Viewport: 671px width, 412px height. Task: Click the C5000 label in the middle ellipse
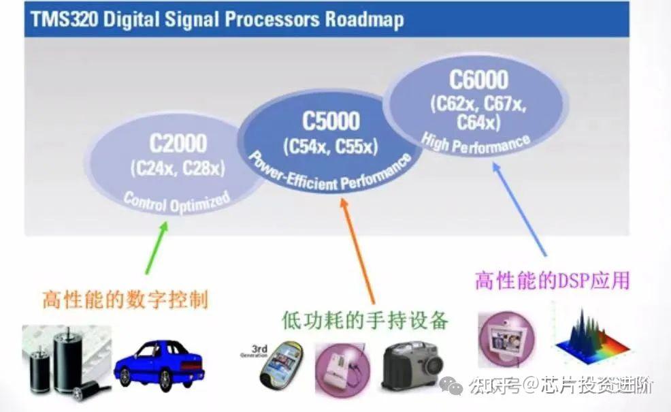tap(331, 121)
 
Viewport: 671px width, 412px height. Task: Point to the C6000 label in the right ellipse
tap(478, 80)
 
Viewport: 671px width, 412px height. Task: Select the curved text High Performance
tap(476, 142)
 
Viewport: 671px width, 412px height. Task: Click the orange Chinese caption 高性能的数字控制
tap(125, 300)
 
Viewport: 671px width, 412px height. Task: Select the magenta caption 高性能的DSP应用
tap(552, 280)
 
